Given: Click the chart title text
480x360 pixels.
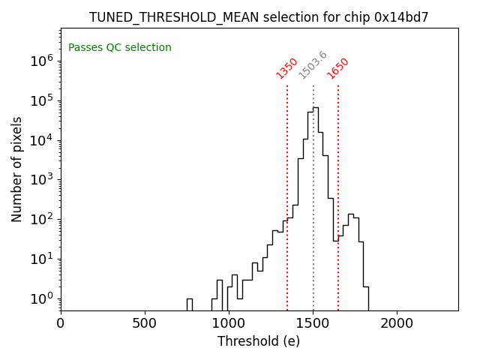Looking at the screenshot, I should point(259,17).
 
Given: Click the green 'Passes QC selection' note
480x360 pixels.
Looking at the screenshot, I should point(120,48).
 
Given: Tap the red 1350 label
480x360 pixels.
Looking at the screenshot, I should point(287,68).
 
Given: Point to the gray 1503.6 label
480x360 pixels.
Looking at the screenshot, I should point(313,65).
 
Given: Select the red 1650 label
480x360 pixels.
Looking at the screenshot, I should point(338,68).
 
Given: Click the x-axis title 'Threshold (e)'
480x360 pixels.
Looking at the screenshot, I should point(259,341).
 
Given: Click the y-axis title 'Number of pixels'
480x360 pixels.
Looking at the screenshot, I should point(17,169).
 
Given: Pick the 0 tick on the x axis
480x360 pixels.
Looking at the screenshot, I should point(61,323).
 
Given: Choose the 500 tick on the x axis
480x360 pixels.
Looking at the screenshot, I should point(145,323).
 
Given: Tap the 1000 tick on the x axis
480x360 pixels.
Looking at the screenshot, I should point(229,323).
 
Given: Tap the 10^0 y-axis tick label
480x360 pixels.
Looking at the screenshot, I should point(40,298).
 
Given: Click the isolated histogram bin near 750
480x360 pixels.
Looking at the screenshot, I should point(189,304).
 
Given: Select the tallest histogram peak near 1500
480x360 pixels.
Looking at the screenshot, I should point(316,109).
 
